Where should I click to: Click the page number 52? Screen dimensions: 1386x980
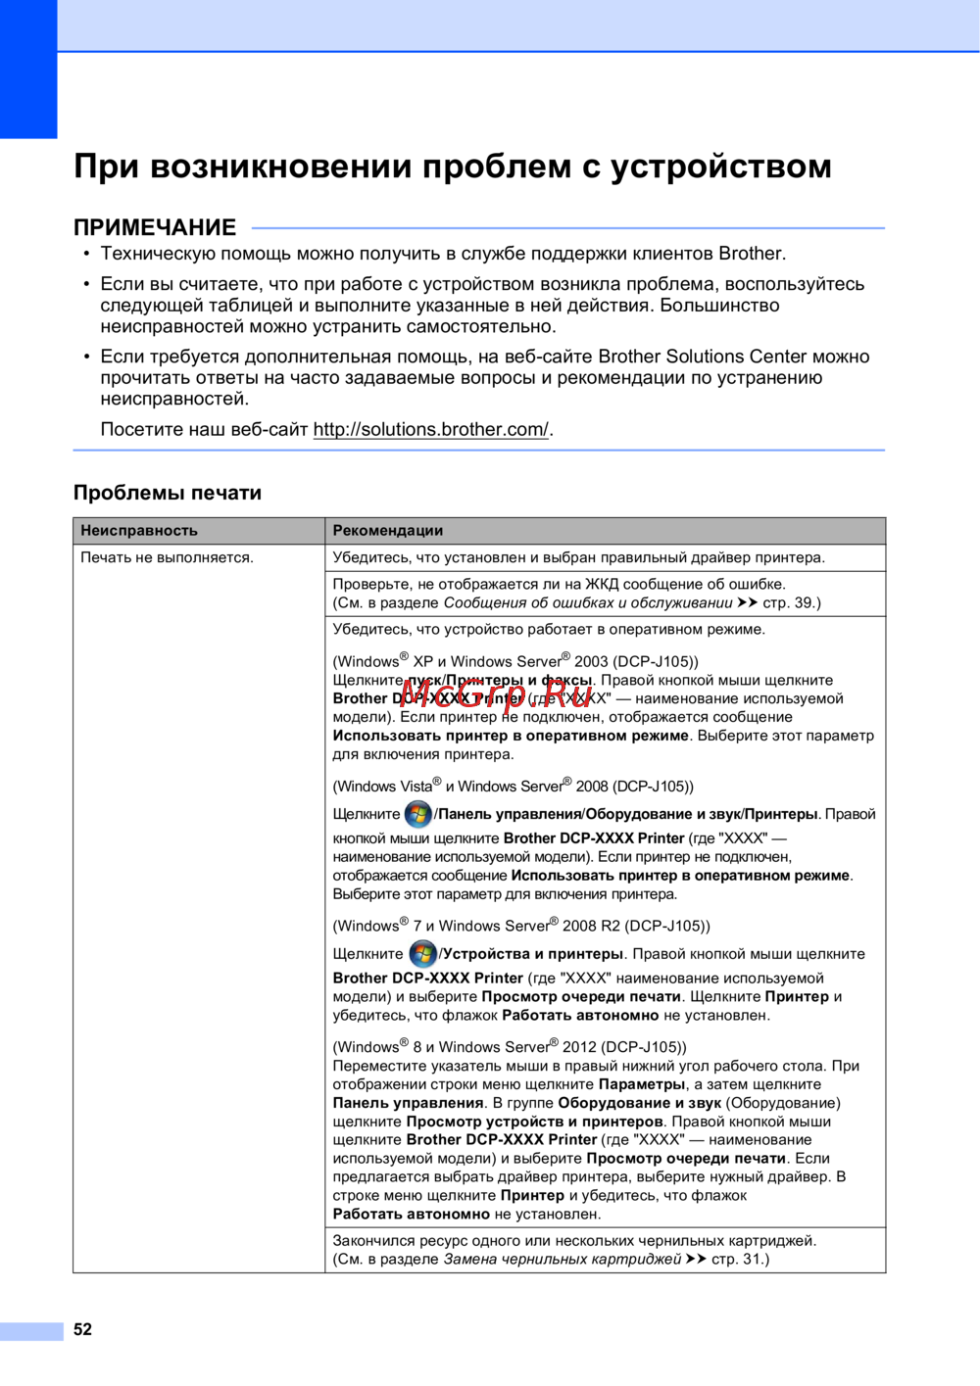83,1329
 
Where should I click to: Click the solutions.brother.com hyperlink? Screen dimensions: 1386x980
431,429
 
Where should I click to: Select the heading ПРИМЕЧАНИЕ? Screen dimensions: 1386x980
155,228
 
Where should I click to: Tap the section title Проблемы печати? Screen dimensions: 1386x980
168,493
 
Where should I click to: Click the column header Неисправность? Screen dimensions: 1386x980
139,531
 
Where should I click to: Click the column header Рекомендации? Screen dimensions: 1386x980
388,531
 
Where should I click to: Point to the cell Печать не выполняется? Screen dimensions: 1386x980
167,557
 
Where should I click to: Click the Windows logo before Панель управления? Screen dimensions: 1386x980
418,814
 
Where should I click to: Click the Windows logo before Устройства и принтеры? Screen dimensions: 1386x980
422,954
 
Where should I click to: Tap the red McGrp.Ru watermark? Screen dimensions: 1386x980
495,693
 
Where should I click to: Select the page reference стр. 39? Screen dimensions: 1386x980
790,602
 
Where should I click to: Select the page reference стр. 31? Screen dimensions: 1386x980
739,1259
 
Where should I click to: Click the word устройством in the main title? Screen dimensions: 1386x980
721,167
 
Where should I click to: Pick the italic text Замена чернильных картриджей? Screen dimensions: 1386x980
563,1259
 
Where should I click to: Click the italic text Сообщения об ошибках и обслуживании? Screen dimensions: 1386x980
588,602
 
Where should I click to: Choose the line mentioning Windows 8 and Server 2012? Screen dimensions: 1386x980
510,1046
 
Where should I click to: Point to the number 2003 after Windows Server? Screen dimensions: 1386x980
591,661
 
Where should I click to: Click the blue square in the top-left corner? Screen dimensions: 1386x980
28,69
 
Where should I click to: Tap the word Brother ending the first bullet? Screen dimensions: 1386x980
751,254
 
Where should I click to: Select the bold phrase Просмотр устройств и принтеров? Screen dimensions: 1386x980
535,1122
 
